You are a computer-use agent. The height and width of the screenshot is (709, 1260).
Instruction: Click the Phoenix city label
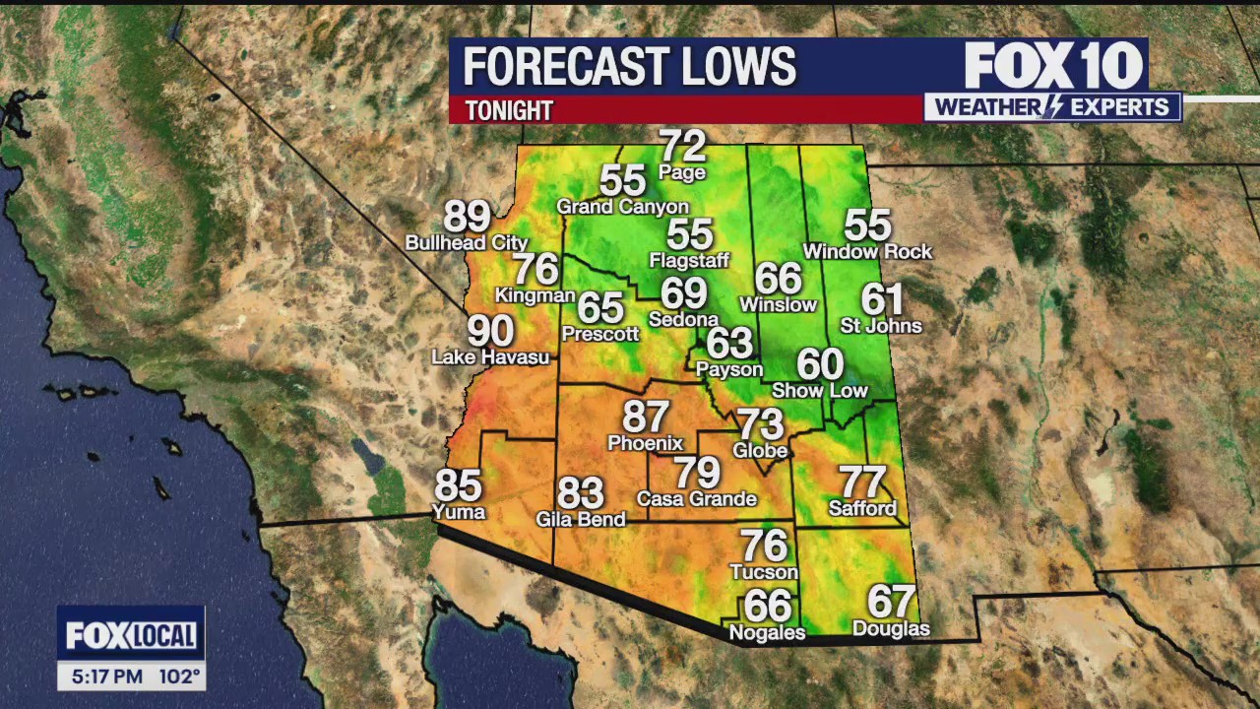click(645, 443)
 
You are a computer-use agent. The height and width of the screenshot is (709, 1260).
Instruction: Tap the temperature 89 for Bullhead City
click(467, 217)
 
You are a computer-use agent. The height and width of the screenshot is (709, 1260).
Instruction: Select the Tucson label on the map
click(764, 572)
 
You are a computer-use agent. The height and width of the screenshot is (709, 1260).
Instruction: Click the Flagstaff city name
click(689, 261)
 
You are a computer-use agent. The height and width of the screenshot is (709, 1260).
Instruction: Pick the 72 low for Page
click(683, 147)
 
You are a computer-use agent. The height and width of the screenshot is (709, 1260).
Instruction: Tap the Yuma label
click(459, 512)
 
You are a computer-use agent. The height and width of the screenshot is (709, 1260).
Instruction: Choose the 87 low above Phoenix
click(646, 417)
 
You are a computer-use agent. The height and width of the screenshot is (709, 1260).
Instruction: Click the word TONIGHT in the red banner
click(509, 110)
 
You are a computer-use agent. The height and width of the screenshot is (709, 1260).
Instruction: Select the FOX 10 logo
click(1053, 67)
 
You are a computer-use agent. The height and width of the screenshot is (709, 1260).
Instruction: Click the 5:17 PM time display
click(106, 677)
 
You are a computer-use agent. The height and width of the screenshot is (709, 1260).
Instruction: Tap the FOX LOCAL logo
click(131, 635)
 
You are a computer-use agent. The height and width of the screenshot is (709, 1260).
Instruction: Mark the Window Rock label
click(867, 252)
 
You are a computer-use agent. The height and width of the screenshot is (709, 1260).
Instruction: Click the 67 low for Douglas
click(891, 601)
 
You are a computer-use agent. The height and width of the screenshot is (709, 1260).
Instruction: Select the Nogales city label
click(767, 633)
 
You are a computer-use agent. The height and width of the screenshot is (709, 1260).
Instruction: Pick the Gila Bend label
click(581, 519)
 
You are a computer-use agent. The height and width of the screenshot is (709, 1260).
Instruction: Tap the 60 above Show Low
click(820, 364)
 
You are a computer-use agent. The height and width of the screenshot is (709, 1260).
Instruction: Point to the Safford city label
click(862, 509)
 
